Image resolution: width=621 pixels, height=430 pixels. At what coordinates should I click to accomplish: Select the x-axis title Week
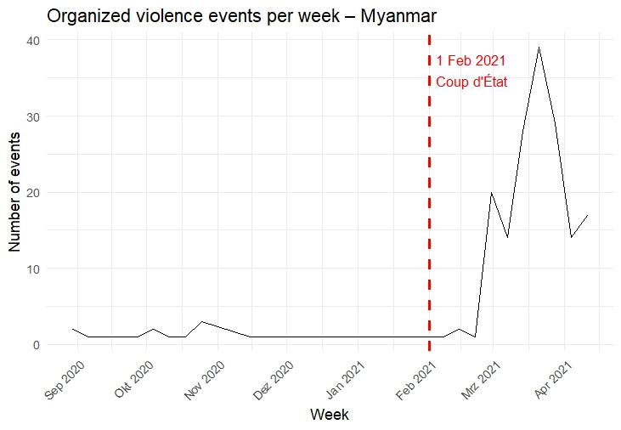pyautogui.click(x=329, y=415)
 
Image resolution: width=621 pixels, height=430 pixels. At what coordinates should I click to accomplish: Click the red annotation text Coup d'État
pyautogui.click(x=471, y=82)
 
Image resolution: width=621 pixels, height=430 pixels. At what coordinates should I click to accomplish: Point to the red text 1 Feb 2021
pyautogui.click(x=471, y=60)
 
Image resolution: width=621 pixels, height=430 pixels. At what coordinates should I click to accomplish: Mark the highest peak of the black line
pyautogui.click(x=539, y=48)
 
